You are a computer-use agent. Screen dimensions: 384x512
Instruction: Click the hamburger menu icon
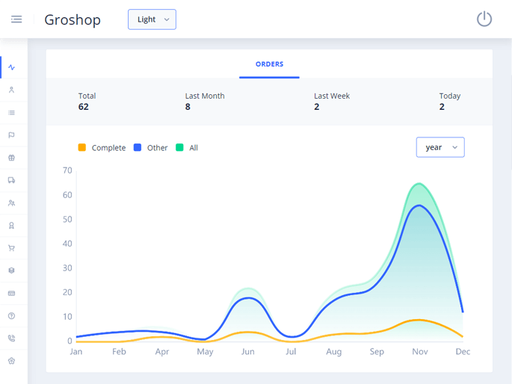pos(16,19)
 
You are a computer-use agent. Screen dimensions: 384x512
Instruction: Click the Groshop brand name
pos(73,20)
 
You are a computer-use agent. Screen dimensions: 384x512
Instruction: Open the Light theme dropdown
pos(152,19)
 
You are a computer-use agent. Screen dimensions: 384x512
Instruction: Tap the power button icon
pos(484,19)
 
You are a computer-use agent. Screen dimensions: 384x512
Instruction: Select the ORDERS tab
pos(269,64)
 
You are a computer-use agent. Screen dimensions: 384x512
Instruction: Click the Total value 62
pos(84,107)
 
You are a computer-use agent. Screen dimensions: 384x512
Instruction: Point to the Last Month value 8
pos(188,107)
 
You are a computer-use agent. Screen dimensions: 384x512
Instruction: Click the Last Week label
pos(332,96)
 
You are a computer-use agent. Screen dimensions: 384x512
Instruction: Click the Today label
pos(450,96)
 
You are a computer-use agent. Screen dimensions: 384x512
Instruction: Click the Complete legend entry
pos(102,148)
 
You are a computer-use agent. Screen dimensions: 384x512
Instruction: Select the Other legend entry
pos(151,148)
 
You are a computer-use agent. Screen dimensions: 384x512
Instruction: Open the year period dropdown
pos(440,147)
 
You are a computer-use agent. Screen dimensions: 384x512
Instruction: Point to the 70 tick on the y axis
pos(67,170)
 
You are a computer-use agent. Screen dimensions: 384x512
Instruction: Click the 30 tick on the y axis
pos(67,268)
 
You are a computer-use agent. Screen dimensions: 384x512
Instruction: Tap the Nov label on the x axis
pos(419,351)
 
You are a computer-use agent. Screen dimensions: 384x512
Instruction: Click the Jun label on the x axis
pos(247,351)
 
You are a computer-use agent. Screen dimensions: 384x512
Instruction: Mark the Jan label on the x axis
pos(76,351)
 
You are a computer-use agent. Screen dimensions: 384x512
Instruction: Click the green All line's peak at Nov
pos(419,184)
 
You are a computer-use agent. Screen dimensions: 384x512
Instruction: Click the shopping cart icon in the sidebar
pos(11,248)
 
